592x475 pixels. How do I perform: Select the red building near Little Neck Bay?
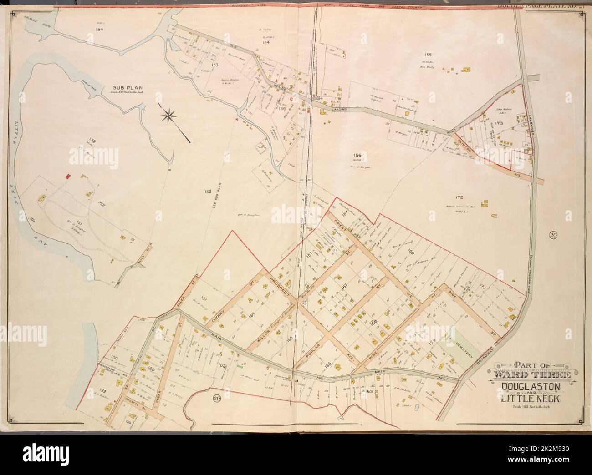tap(67, 176)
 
